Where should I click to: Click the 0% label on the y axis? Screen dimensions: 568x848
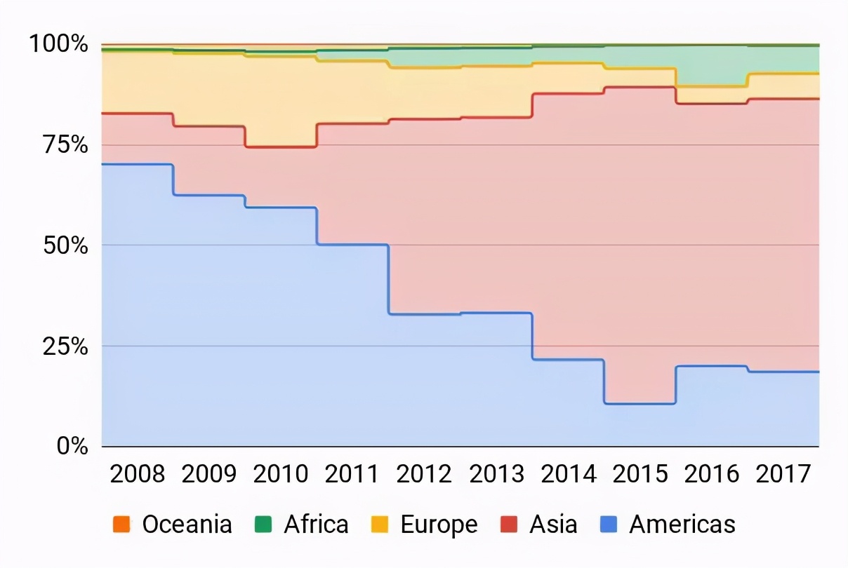(72, 447)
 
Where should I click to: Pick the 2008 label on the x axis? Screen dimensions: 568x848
(138, 475)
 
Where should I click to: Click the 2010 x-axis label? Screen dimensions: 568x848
(281, 475)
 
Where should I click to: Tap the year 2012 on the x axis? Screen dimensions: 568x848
(424, 475)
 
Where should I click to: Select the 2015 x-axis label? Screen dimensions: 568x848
(640, 475)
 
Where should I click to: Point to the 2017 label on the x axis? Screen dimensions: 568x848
(783, 475)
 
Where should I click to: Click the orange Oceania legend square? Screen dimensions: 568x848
(120, 525)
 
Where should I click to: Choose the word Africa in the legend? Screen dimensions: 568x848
(316, 525)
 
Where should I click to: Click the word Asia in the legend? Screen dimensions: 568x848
(553, 525)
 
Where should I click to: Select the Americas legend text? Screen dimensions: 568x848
(682, 525)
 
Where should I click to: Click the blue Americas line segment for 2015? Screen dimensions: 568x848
(640, 403)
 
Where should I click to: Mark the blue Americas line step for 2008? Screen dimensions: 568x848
(138, 164)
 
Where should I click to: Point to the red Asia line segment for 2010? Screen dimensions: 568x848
(281, 147)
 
